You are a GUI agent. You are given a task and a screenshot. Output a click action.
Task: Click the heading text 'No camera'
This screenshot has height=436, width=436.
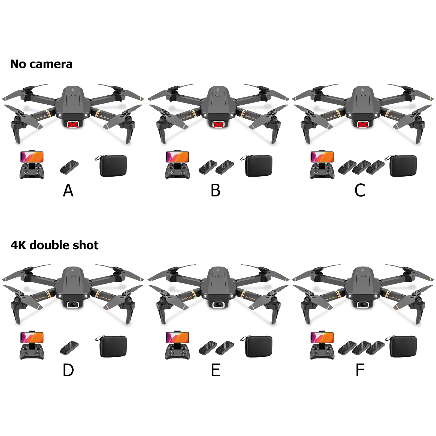tap(41, 64)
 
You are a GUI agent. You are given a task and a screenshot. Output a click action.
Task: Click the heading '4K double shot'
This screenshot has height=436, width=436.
tap(54, 245)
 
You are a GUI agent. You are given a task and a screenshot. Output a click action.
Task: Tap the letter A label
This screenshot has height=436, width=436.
tap(68, 190)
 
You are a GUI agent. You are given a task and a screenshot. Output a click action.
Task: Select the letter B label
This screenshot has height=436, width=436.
tap(215, 190)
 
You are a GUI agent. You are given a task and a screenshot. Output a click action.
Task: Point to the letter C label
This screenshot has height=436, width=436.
tap(360, 190)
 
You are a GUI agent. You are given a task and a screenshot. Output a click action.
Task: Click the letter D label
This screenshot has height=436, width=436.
tap(68, 370)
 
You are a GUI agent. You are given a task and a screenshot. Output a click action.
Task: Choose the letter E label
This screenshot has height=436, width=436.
tap(215, 370)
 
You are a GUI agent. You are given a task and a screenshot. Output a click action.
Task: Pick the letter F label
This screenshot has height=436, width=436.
tap(360, 370)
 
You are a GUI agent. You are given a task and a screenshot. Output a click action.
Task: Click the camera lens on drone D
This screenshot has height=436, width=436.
tap(73, 304)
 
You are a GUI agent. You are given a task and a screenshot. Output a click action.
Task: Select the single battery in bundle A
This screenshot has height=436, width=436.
tap(69, 167)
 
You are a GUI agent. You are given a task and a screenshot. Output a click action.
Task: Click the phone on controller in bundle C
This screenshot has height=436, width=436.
tap(322, 157)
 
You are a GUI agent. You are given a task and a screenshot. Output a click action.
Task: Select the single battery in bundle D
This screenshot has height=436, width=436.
tap(69, 347)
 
